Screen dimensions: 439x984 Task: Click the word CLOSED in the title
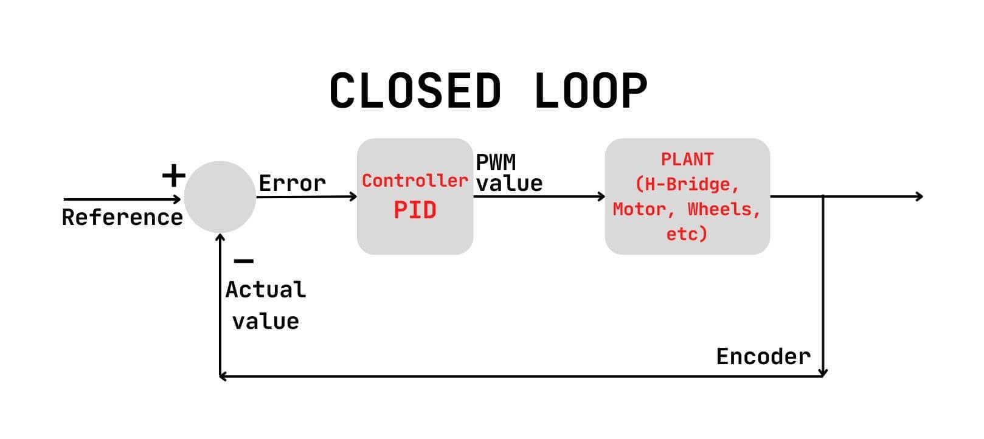(415, 91)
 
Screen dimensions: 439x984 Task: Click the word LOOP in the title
(591, 91)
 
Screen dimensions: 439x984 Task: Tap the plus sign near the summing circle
(173, 176)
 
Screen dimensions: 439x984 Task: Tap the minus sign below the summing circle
(244, 261)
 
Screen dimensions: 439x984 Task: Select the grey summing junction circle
(220, 196)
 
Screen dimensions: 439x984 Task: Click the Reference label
(122, 218)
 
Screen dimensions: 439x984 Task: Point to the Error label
(292, 183)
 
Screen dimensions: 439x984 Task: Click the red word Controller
(415, 181)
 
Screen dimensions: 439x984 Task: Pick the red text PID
(415, 210)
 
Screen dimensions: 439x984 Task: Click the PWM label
(495, 162)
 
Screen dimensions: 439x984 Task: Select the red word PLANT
(687, 159)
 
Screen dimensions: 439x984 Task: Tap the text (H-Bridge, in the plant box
(687, 184)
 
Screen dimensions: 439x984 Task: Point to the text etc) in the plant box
(687, 233)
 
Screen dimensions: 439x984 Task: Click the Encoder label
(763, 356)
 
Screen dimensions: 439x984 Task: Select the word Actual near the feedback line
(265, 290)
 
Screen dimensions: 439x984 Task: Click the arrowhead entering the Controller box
(353, 196)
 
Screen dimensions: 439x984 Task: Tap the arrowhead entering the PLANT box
(601, 196)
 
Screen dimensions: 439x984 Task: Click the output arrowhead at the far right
(920, 196)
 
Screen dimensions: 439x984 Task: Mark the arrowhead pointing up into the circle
(220, 238)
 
